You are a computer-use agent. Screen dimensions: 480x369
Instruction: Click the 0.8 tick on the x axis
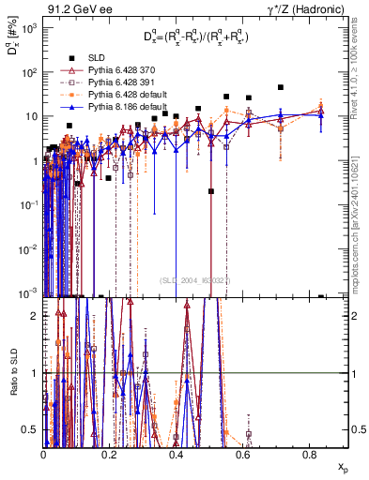310,456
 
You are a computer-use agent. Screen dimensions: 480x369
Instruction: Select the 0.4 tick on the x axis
177,456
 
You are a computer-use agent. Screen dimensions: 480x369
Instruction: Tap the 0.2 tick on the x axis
110,456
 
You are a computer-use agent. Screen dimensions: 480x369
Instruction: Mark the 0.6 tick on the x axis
243,456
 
